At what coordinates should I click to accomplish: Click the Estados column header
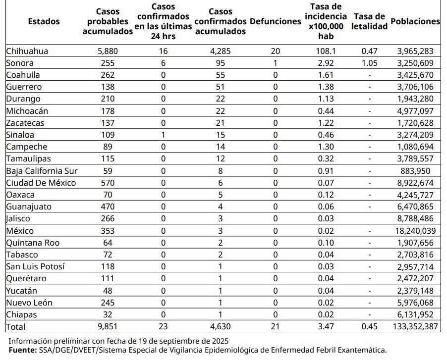pyautogui.click(x=44, y=21)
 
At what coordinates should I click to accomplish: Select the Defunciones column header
pyautogui.click(x=276, y=21)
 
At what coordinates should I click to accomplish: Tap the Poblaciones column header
pyautogui.click(x=415, y=21)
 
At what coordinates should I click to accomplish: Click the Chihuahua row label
pyautogui.click(x=27, y=51)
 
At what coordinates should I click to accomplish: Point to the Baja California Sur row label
pyautogui.click(x=42, y=171)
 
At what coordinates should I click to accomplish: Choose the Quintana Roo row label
pyautogui.click(x=33, y=243)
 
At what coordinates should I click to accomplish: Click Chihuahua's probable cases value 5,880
pyautogui.click(x=108, y=51)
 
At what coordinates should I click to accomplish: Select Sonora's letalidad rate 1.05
pyautogui.click(x=370, y=63)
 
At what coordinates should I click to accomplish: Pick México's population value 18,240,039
pyautogui.click(x=415, y=231)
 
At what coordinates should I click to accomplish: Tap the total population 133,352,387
pyautogui.click(x=415, y=326)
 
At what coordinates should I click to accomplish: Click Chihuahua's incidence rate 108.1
pyautogui.click(x=326, y=51)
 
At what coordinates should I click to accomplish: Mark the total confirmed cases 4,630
pyautogui.click(x=221, y=326)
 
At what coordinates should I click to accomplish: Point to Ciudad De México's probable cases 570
pyautogui.click(x=108, y=183)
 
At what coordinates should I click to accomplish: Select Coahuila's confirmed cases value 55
pyautogui.click(x=221, y=75)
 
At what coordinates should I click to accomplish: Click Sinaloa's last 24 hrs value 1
pyautogui.click(x=163, y=135)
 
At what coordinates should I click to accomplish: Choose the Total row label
pyautogui.click(x=16, y=327)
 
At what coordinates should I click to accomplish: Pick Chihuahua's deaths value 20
pyautogui.click(x=276, y=51)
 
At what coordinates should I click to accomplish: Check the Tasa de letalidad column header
pyautogui.click(x=370, y=21)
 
